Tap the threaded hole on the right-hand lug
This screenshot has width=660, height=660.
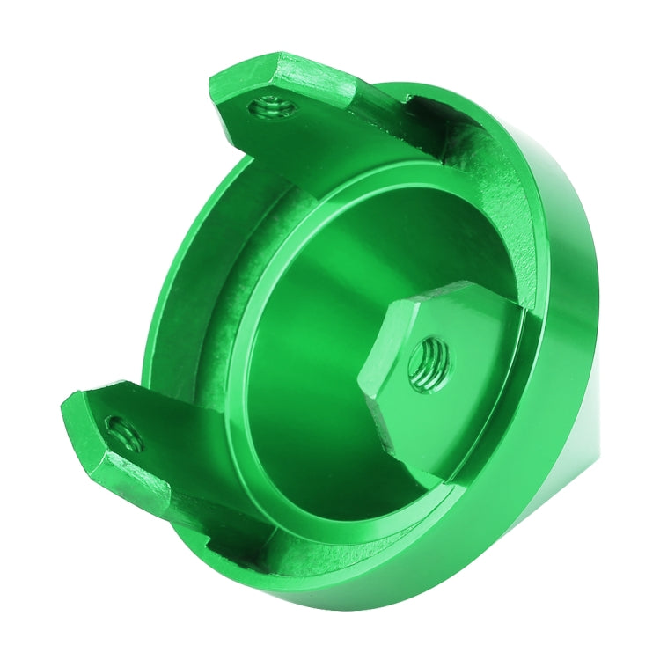point(429,359)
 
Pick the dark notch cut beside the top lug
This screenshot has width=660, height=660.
point(458,141)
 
